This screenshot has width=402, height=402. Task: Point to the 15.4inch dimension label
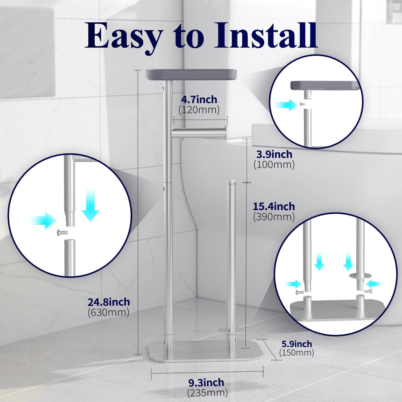274,206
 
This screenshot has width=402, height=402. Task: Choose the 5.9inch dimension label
296,344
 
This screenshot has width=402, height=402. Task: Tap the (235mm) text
207,392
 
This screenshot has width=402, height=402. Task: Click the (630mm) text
108,312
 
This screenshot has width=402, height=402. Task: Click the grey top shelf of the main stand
191,74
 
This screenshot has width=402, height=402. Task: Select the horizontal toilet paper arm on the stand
199,134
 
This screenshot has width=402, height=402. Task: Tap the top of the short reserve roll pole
231,182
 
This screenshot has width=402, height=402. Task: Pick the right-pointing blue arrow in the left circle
43,220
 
